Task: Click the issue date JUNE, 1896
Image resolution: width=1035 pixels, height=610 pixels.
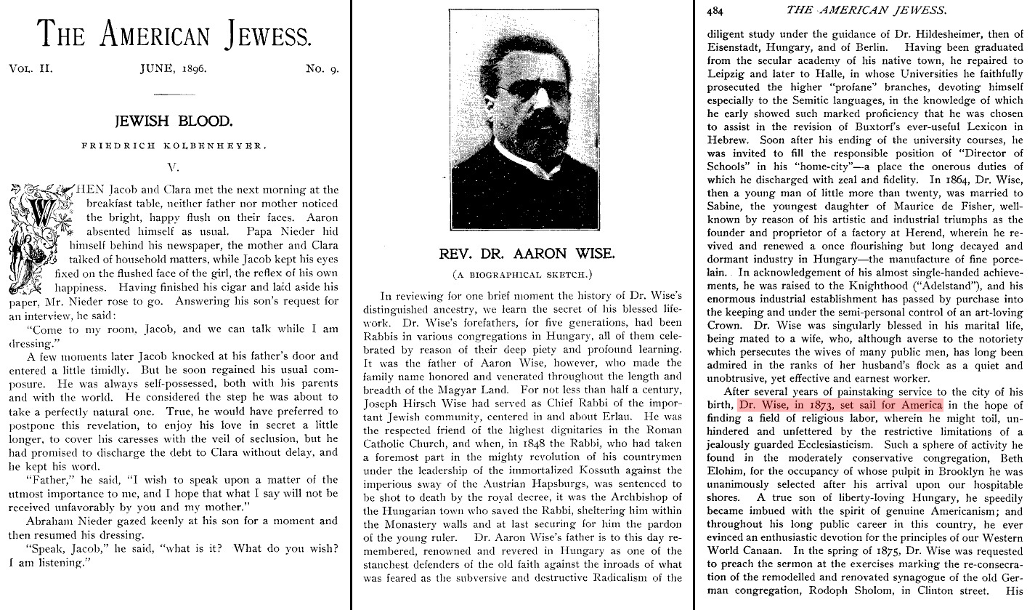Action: [x=174, y=70]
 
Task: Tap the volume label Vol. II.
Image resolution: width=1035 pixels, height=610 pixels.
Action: [x=31, y=70]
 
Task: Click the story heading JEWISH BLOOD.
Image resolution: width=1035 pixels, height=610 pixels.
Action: [x=174, y=120]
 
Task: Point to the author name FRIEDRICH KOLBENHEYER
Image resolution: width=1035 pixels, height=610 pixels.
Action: [x=174, y=146]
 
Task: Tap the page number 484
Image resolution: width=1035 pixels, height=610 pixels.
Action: [x=715, y=10]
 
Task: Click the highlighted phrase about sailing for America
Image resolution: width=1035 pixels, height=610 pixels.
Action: [x=840, y=405]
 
